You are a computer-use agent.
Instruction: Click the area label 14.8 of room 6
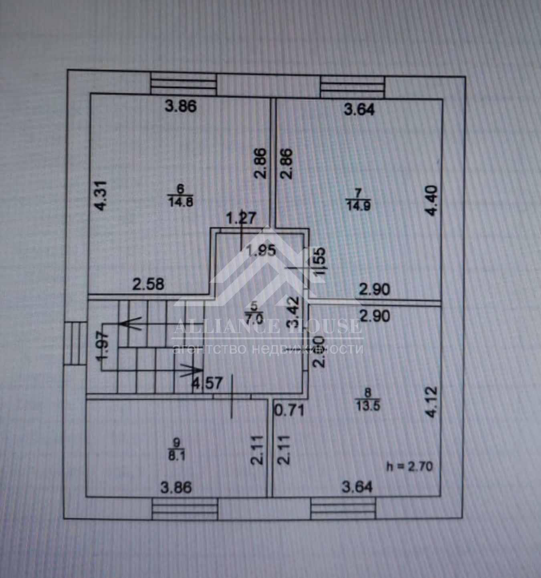tap(180, 201)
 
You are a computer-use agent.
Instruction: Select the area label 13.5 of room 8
tap(367, 405)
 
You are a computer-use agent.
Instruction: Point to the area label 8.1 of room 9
tap(177, 456)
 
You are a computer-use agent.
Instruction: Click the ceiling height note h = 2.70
tap(409, 466)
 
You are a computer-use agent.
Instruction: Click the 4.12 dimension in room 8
tap(432, 402)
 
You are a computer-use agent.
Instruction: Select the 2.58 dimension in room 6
tap(148, 284)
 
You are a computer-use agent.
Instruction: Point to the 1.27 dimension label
tap(240, 219)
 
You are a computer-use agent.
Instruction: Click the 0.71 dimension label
tap(289, 410)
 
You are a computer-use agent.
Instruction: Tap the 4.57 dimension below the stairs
tap(207, 383)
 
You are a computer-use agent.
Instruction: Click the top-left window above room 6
tap(183, 85)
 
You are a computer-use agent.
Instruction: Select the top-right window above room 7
tap(352, 87)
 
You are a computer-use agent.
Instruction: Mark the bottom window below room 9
tap(185, 509)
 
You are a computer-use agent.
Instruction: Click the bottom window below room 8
tap(343, 509)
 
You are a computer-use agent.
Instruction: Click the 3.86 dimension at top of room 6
tap(181, 107)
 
